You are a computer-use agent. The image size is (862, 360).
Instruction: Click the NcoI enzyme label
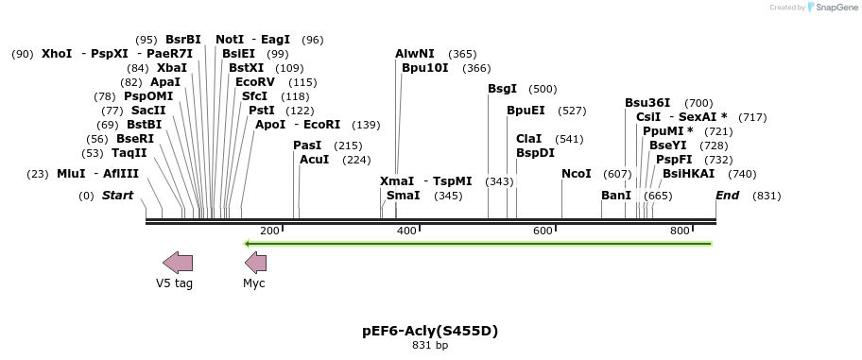576,174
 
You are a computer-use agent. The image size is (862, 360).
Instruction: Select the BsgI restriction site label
502,89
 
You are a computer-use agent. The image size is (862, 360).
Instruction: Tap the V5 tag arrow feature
178,263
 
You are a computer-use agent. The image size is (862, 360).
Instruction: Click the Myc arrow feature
256,263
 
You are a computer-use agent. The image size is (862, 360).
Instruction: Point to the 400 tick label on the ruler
406,231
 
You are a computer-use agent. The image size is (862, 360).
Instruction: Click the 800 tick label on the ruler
680,231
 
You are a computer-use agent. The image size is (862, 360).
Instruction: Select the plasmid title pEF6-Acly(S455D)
430,331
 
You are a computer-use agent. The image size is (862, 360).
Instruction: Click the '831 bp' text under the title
430,346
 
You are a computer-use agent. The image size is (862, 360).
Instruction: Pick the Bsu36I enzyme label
647,103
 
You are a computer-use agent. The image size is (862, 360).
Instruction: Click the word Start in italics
117,196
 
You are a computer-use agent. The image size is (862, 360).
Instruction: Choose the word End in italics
727,196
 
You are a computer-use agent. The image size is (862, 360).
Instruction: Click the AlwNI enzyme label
415,54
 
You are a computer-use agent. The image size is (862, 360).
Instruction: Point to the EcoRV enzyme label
255,82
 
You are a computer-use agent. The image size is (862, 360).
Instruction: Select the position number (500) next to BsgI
543,89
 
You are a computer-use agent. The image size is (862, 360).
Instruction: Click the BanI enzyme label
615,196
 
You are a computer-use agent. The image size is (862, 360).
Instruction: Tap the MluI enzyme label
71,174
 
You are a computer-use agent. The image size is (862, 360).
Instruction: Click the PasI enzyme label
307,146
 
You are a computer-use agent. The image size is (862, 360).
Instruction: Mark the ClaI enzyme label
528,139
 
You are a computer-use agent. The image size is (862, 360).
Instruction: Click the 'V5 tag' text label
175,283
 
